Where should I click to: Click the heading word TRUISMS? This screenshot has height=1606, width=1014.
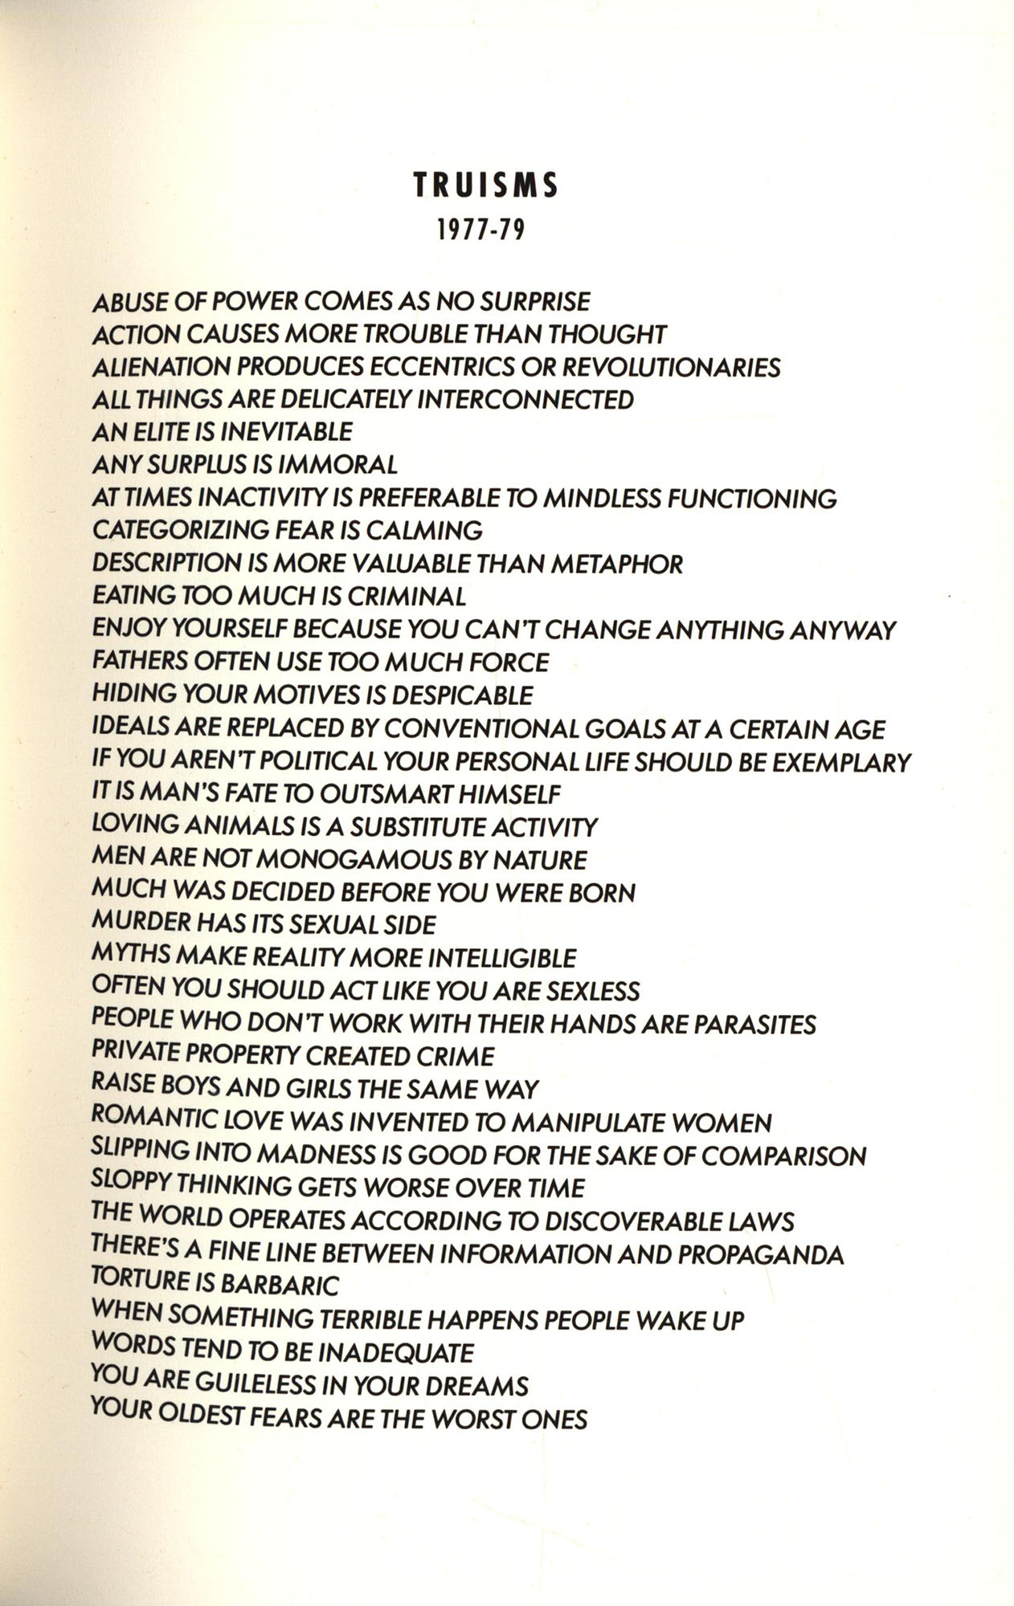pyautogui.click(x=485, y=186)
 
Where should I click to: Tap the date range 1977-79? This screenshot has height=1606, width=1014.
pyautogui.click(x=480, y=231)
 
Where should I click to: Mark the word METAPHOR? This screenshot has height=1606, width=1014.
pyautogui.click(x=616, y=565)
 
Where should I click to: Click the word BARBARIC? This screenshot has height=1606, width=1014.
pyautogui.click(x=279, y=1286)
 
